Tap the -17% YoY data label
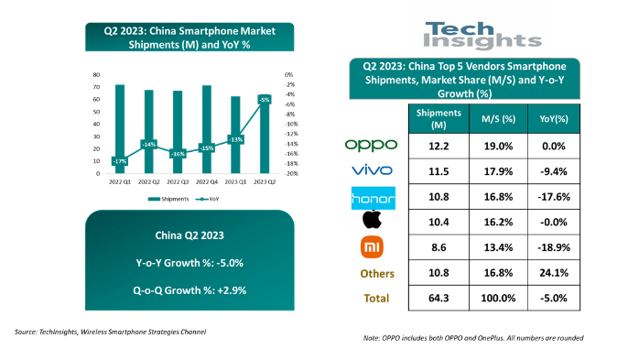pos(120,161)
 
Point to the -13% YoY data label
pos(235,139)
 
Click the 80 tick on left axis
pos(95,74)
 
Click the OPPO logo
pos(370,145)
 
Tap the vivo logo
pos(370,170)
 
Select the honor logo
pos(370,196)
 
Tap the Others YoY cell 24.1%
pos(558,272)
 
